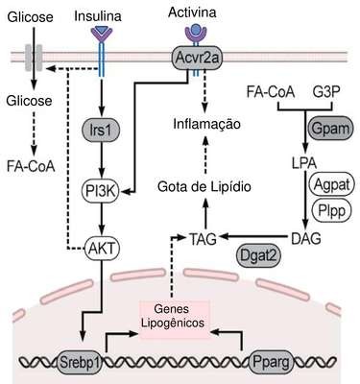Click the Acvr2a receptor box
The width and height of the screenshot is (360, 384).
[197, 58]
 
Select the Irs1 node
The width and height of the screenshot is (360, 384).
[102, 131]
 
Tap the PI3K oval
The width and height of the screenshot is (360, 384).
[101, 191]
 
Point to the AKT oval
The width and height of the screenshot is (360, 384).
[102, 249]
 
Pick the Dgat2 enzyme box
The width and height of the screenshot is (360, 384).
[258, 256]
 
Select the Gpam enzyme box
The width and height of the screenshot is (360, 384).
[330, 129]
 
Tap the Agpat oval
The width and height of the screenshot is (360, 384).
[332, 184]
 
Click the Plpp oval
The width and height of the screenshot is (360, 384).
[331, 210]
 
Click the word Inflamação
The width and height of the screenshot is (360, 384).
[206, 124]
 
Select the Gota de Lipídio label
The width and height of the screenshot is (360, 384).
[204, 186]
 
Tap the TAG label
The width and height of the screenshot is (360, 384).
[203, 239]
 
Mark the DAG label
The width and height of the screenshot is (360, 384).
[306, 239]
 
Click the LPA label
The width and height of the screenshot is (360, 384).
[304, 163]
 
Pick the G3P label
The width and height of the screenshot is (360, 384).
[326, 93]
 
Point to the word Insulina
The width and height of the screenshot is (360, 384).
[98, 16]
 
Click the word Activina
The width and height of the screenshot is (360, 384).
[192, 12]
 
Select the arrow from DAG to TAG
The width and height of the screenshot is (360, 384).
[252, 237]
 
